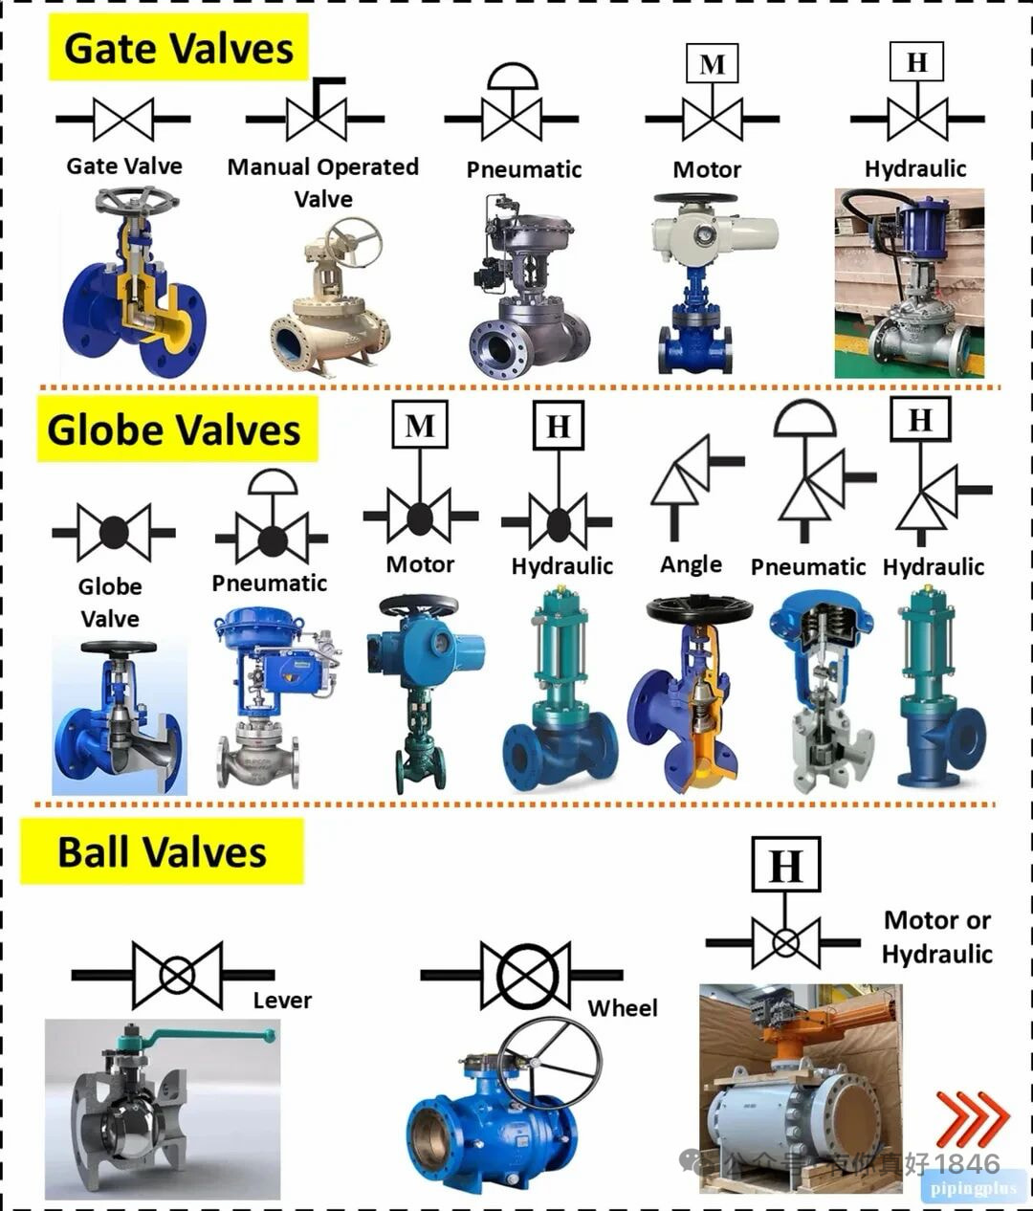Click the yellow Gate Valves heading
pos(178,48)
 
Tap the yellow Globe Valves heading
pos(175,430)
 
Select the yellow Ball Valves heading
pos(162,851)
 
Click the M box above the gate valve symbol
pos(712,65)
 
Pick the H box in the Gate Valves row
pos(916,63)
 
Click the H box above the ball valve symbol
pos(785,866)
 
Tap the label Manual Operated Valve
pos(323,182)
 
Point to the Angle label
pos(691,564)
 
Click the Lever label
pos(282,1001)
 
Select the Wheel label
pos(623,1008)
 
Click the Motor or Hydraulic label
pos(936,936)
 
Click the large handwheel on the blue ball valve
pos(549,1063)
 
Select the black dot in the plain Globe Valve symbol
pos(114,532)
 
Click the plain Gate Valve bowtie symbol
pos(123,120)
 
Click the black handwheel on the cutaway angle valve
pos(699,609)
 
